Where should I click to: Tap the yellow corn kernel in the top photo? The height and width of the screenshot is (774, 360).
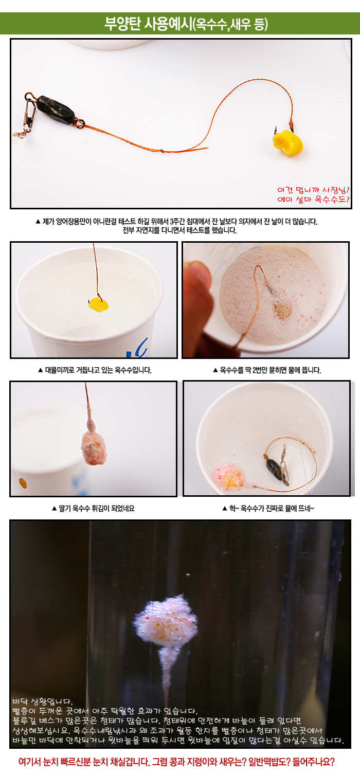pyautogui.click(x=288, y=142)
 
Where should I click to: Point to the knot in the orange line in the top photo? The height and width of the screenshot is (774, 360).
pyautogui.click(x=161, y=150)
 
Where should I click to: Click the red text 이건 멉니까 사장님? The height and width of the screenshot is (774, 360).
pyautogui.click(x=313, y=190)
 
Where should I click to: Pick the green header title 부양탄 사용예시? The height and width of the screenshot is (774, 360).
pyautogui.click(x=148, y=24)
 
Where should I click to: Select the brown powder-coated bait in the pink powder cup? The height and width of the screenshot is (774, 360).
pyautogui.click(x=282, y=310)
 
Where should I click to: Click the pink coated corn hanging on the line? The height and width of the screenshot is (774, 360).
pyautogui.click(x=94, y=447)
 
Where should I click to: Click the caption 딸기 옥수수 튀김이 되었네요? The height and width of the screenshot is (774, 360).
pyautogui.click(x=93, y=508)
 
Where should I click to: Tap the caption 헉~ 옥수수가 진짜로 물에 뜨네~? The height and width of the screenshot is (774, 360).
pyautogui.click(x=268, y=508)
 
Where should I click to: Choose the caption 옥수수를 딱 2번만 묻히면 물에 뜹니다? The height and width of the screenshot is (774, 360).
pyautogui.click(x=267, y=370)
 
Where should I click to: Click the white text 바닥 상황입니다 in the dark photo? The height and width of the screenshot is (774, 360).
pyautogui.click(x=43, y=701)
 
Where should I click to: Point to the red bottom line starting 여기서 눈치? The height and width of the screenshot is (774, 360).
pyautogui.click(x=176, y=762)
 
